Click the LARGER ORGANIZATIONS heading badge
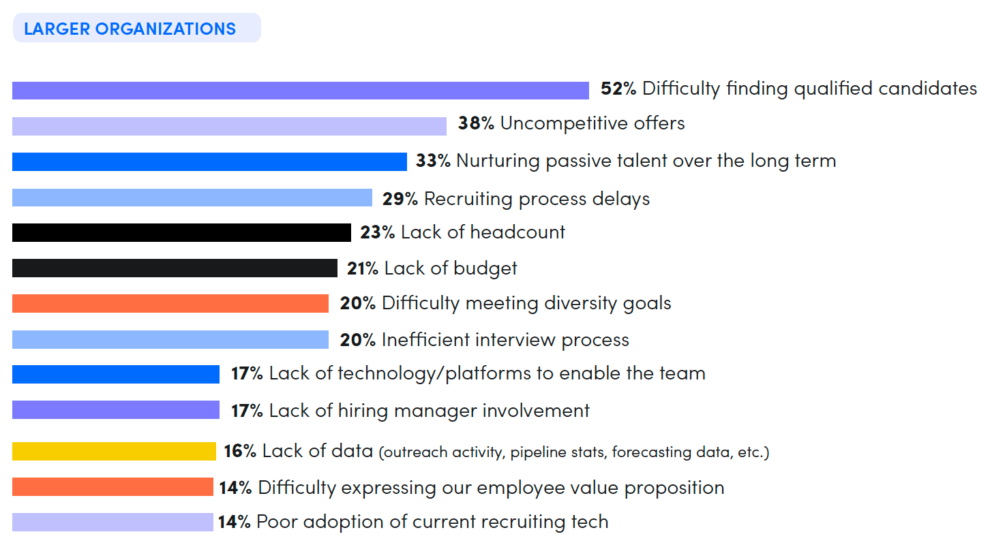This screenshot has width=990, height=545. [x=136, y=29]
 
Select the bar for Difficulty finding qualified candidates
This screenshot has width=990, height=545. [x=300, y=91]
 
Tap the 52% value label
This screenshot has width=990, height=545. [x=618, y=89]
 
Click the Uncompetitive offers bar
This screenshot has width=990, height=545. [x=229, y=126]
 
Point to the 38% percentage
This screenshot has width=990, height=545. [x=475, y=123]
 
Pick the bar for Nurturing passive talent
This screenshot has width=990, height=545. [x=209, y=161]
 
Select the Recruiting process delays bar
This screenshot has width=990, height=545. [x=192, y=198]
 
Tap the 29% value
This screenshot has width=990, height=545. [x=400, y=199]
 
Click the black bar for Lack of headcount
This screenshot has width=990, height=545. [x=181, y=232]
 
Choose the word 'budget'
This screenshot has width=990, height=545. [x=485, y=268]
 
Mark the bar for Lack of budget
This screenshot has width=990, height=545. [x=175, y=268]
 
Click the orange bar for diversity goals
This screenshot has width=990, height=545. [x=170, y=303]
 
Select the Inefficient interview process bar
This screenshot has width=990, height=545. [x=170, y=339]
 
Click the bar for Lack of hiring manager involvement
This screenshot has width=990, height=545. [x=116, y=410]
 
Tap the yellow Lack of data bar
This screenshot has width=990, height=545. [x=114, y=451]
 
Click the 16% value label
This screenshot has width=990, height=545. [x=240, y=451]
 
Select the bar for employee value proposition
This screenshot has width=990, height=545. [x=112, y=487]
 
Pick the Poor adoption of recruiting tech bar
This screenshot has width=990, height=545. [x=112, y=522]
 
